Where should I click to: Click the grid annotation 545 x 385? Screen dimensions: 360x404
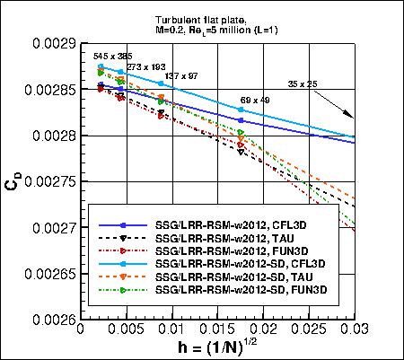pos(113,56)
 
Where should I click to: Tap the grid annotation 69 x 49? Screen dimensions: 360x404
pos(255,100)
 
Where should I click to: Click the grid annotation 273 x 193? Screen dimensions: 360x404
pos(145,66)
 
